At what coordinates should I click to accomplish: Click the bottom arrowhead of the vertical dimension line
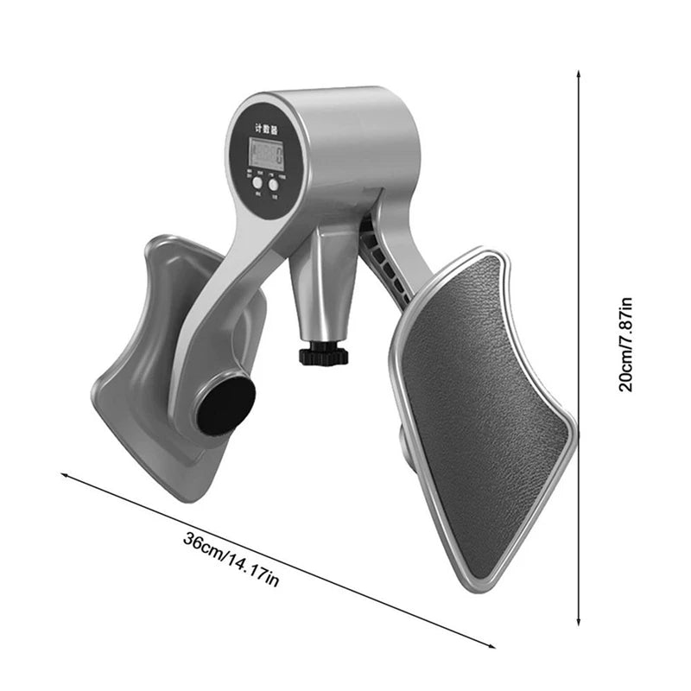(579, 624)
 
